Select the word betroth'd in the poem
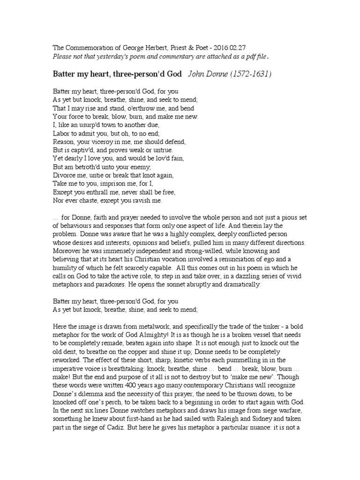tap(91, 167)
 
